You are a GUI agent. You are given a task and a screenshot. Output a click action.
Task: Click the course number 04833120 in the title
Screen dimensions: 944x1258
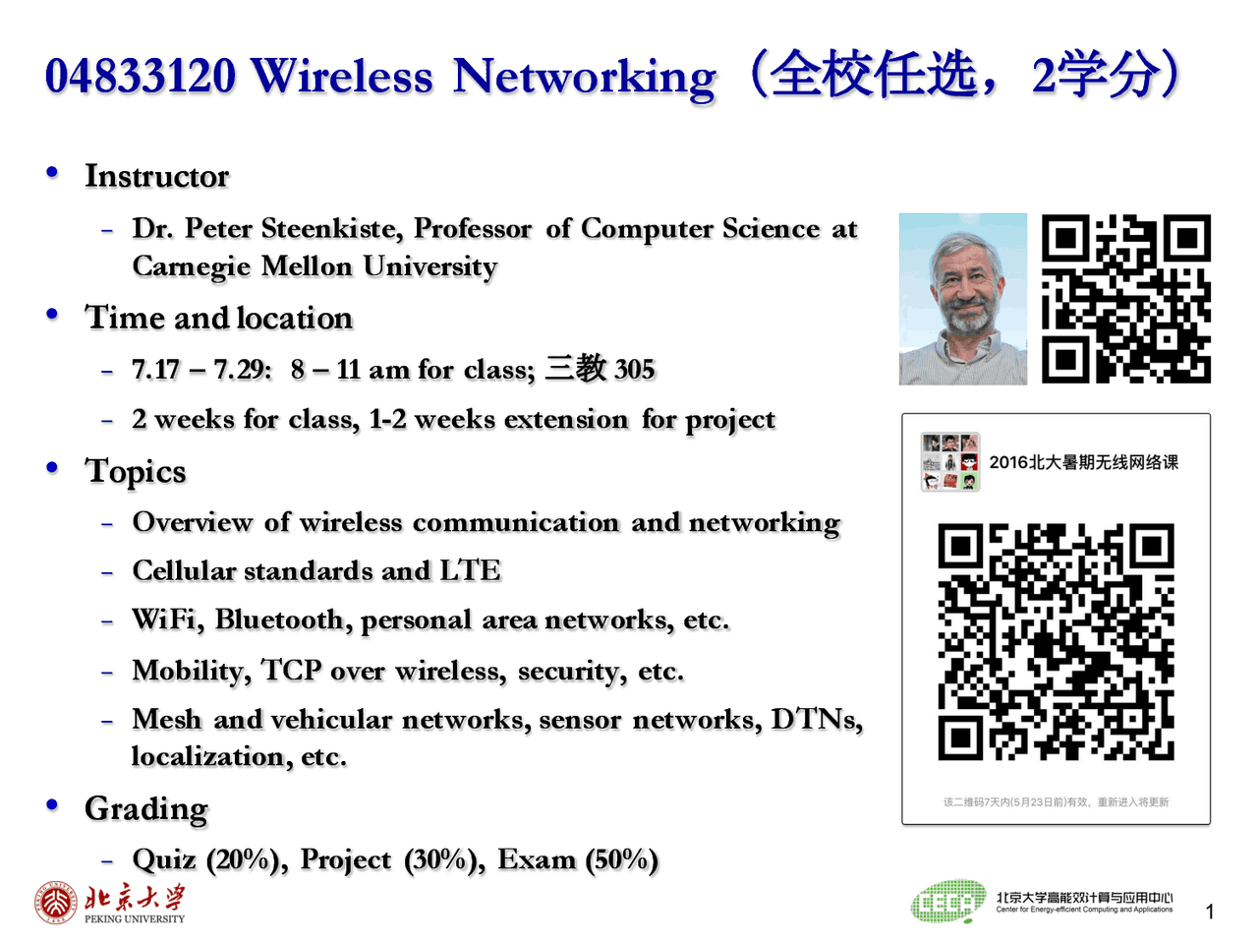(141, 77)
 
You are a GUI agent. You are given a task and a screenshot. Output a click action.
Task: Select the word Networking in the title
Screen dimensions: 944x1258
(584, 77)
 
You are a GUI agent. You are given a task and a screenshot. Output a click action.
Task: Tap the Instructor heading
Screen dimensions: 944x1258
(156, 176)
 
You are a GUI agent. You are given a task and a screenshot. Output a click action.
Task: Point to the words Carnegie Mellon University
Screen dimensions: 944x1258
(314, 266)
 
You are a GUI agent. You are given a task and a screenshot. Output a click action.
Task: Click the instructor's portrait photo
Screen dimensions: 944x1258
(962, 299)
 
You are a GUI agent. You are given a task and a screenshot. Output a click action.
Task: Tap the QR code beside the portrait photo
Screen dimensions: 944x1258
(1125, 299)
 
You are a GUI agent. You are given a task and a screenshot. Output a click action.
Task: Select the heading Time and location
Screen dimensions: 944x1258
(218, 318)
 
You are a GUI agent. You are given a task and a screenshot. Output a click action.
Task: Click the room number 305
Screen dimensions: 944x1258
(634, 370)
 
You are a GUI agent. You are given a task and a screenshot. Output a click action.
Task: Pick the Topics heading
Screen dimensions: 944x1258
(136, 471)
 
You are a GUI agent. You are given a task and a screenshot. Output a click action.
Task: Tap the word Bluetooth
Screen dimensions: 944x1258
(278, 619)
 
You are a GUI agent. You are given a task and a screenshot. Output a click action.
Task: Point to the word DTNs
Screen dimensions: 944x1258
(815, 720)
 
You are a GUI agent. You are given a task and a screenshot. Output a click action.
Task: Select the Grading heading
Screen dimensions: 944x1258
(146, 808)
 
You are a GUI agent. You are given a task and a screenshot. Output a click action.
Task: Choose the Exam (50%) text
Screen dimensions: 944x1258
(577, 859)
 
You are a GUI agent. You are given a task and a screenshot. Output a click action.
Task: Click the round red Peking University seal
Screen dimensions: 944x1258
(56, 903)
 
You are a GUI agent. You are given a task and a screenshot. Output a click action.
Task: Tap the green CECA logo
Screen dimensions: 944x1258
(947, 902)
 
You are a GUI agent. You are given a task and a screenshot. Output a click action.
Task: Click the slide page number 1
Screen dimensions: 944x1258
(1210, 912)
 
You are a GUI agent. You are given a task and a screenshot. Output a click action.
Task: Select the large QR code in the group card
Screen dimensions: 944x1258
(1056, 642)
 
